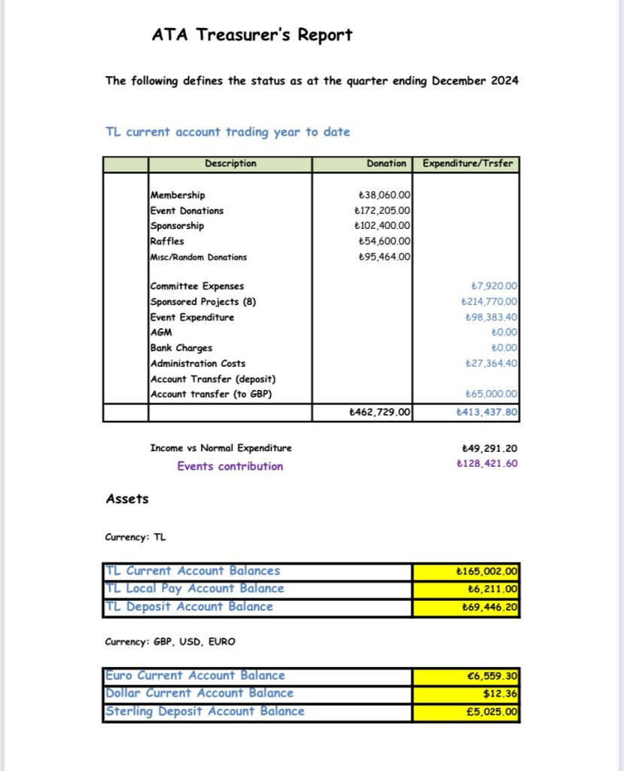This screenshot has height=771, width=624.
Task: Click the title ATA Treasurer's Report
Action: [x=251, y=35]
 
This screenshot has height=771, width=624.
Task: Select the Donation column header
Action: [x=386, y=163]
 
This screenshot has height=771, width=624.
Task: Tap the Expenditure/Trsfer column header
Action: [x=467, y=163]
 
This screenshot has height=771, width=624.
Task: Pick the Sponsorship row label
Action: [x=177, y=226]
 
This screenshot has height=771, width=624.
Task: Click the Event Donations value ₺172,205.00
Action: [x=382, y=211]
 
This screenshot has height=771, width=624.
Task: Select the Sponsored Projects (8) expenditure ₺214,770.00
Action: [x=489, y=302]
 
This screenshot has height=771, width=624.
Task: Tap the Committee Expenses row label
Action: [x=197, y=286]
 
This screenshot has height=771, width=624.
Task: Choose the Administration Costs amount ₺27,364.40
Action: [x=492, y=363]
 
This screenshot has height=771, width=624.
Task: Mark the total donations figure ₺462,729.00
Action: [x=380, y=412]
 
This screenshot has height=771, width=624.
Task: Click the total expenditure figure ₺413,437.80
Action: [x=487, y=412]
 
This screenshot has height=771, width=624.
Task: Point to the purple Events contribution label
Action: [x=230, y=466]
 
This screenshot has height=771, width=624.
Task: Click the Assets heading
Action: [x=127, y=498]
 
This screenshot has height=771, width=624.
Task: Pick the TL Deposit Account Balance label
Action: [x=188, y=607]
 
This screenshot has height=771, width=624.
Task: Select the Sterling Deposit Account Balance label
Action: [x=205, y=712]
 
